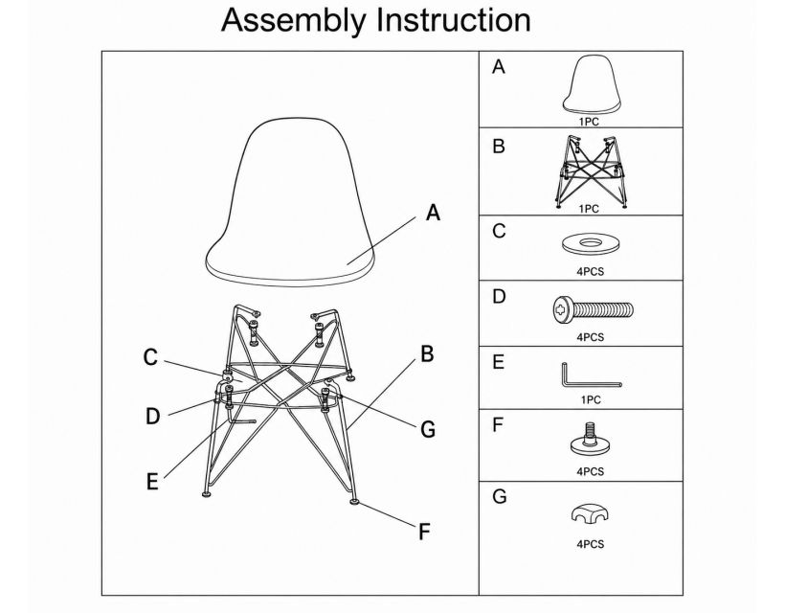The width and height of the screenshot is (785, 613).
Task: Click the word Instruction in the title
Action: [x=454, y=20]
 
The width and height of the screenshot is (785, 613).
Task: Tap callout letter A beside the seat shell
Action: [x=433, y=213]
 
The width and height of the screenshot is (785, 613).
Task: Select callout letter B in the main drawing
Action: [x=427, y=353]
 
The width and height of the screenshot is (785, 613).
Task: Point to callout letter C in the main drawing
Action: [x=150, y=357]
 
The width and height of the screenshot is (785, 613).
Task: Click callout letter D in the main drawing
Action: [x=153, y=417]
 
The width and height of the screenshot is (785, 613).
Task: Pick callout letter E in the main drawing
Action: [x=152, y=481]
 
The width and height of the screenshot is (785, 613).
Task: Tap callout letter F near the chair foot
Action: [x=424, y=532]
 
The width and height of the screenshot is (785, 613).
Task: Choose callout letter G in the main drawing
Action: [x=428, y=429]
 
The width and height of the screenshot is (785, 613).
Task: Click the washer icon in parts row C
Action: [x=592, y=244]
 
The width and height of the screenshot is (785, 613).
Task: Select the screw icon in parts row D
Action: [x=594, y=310]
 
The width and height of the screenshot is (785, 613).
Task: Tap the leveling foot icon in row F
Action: [x=591, y=441]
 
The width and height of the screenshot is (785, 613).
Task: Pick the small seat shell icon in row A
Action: [x=592, y=84]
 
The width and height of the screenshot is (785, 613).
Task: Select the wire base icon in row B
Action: [x=592, y=171]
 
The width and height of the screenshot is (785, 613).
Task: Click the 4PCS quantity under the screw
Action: [x=591, y=337]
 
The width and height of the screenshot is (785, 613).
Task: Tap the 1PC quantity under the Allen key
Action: [x=591, y=399]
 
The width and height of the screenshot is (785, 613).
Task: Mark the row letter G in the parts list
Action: [x=499, y=496]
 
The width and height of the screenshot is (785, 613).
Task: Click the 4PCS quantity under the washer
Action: [x=591, y=271]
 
